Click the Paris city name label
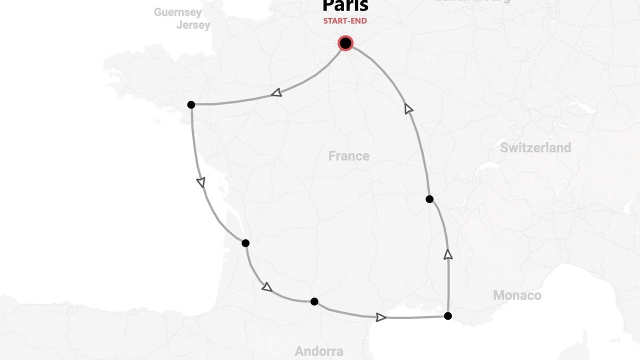pos(345,5)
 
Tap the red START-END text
pos(345,21)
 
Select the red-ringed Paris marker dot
pos(345,43)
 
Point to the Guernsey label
pos(177,12)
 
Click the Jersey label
pos(193,25)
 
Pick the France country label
pos(349,156)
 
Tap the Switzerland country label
pos(535,148)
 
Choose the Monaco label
pos(517,295)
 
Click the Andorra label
pos(319,351)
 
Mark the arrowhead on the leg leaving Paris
pos(276,92)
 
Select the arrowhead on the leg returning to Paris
pos(408,108)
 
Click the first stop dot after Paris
pos(191,104)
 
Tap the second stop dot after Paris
pos(245,243)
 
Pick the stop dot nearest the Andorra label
pos(314,301)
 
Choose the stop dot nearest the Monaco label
pos(448,316)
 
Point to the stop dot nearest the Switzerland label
pos(429,199)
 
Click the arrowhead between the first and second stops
pos(201,182)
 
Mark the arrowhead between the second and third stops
pos(267,287)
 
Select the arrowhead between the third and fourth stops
pos(380,317)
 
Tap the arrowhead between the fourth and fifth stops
pos(448,255)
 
